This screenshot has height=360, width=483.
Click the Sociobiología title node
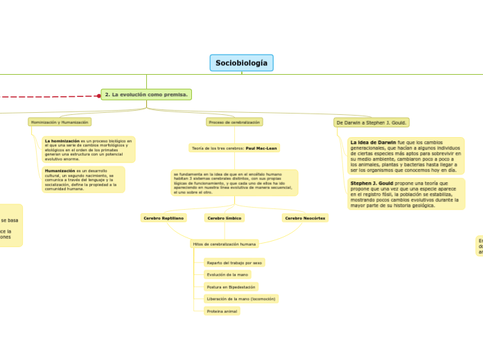tap(241, 63)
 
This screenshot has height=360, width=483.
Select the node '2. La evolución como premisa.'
tap(146, 94)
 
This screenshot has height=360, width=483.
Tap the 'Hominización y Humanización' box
tap(60, 122)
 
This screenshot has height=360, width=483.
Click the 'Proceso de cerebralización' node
tap(234, 122)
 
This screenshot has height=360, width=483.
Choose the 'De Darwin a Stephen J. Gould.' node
tap(371, 123)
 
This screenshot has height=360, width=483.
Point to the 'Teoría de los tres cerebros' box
tap(234, 147)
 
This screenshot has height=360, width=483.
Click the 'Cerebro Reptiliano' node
tap(164, 217)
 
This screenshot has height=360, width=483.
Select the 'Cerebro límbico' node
tap(225, 217)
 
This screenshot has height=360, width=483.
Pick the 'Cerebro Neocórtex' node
tap(305, 217)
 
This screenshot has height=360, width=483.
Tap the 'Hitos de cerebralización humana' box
tap(224, 244)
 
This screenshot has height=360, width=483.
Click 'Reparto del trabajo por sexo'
tap(234, 262)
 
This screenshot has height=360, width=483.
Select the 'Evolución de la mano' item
tap(227, 275)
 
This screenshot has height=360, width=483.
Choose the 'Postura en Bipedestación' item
tap(231, 287)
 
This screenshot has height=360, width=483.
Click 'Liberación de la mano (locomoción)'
tap(240, 299)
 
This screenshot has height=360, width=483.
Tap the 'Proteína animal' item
tap(222, 312)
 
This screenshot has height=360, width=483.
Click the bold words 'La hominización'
tap(62, 141)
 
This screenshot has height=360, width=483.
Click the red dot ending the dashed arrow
tap(98, 96)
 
